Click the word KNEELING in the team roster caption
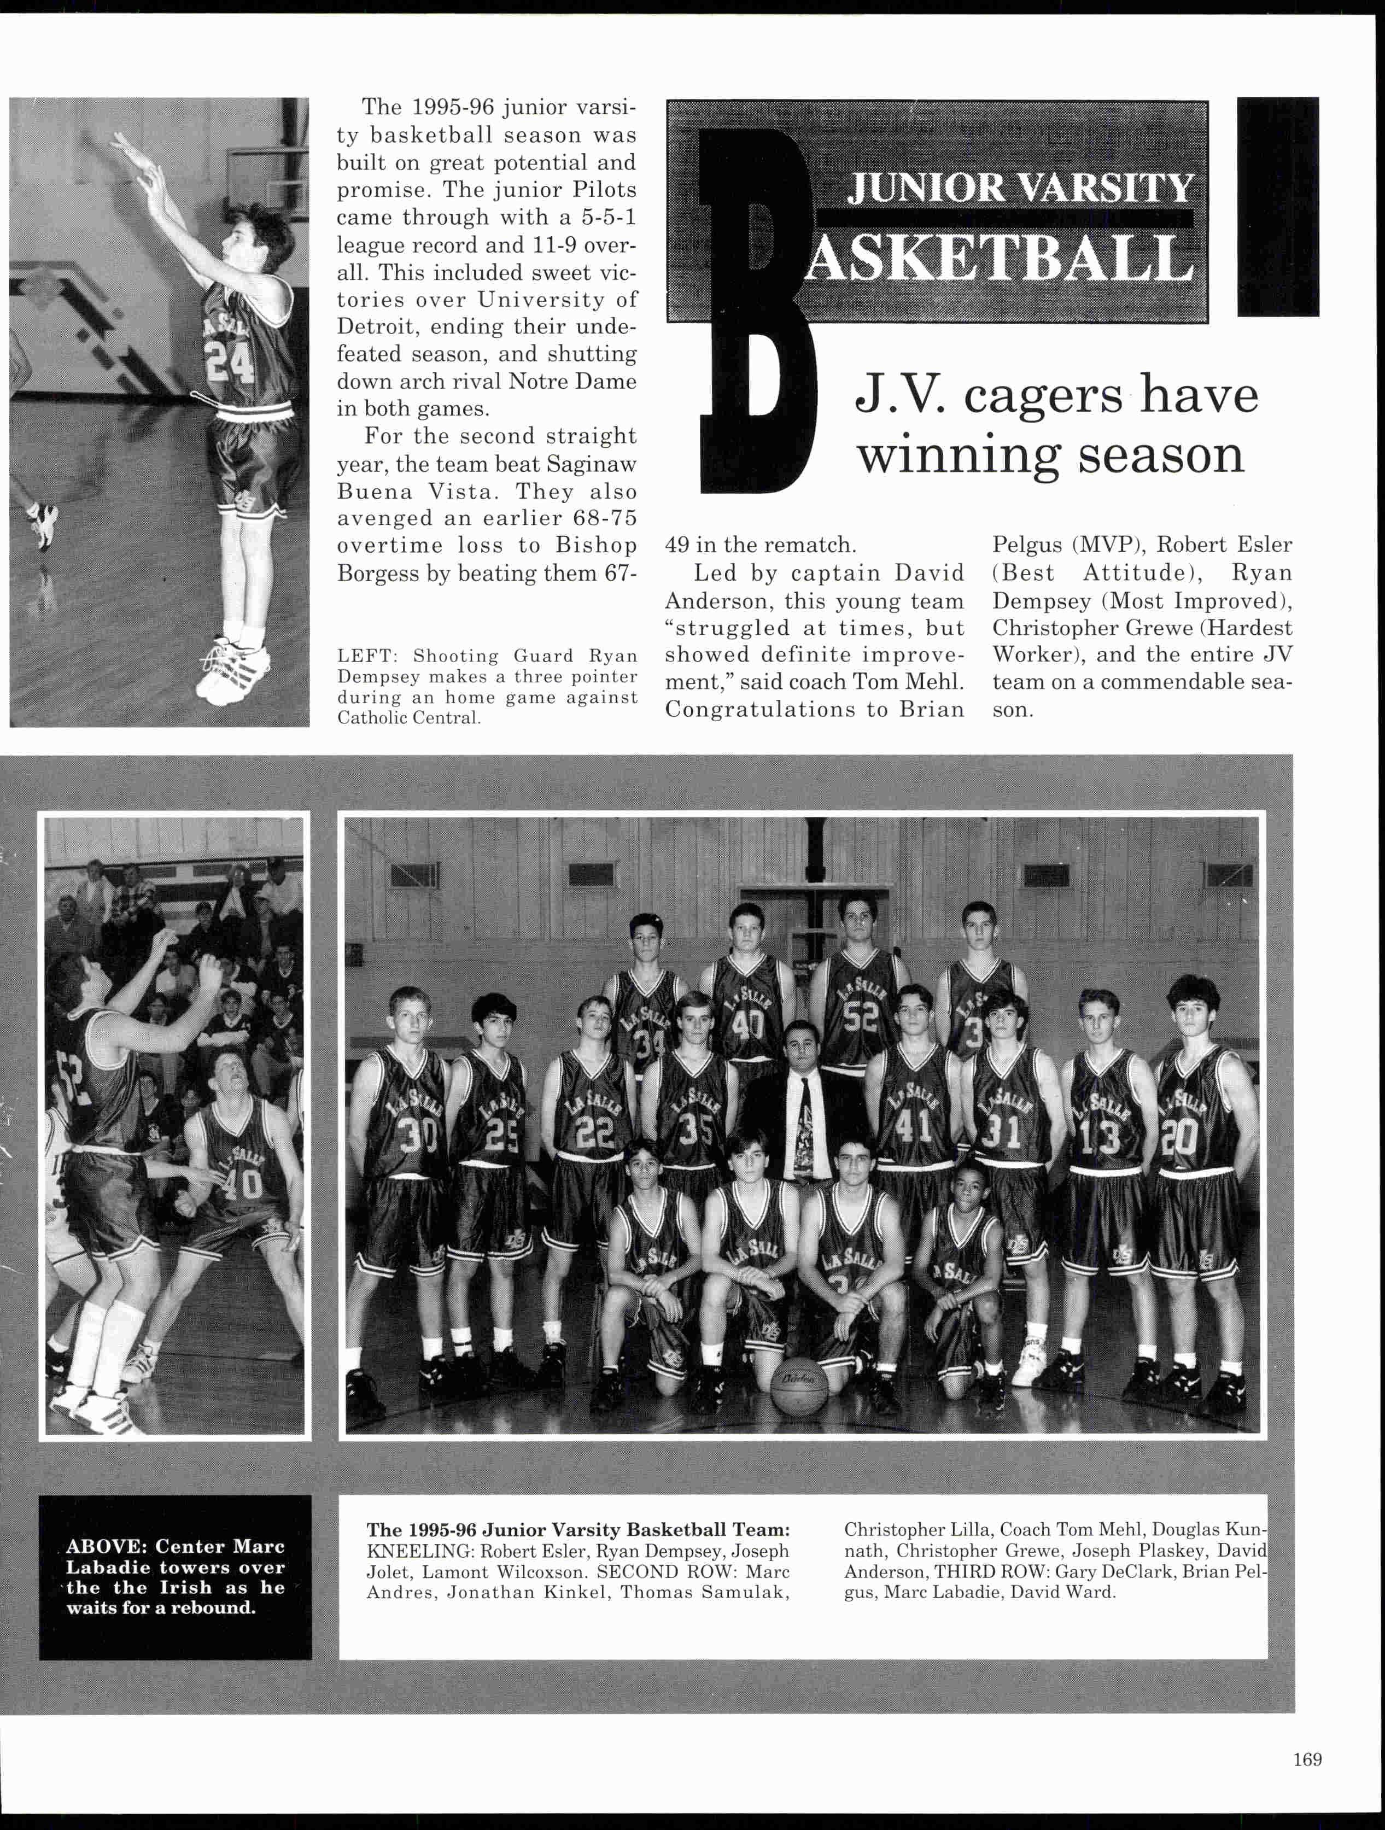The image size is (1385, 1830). coord(419,1551)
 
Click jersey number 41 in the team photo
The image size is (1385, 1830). coord(914,1126)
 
